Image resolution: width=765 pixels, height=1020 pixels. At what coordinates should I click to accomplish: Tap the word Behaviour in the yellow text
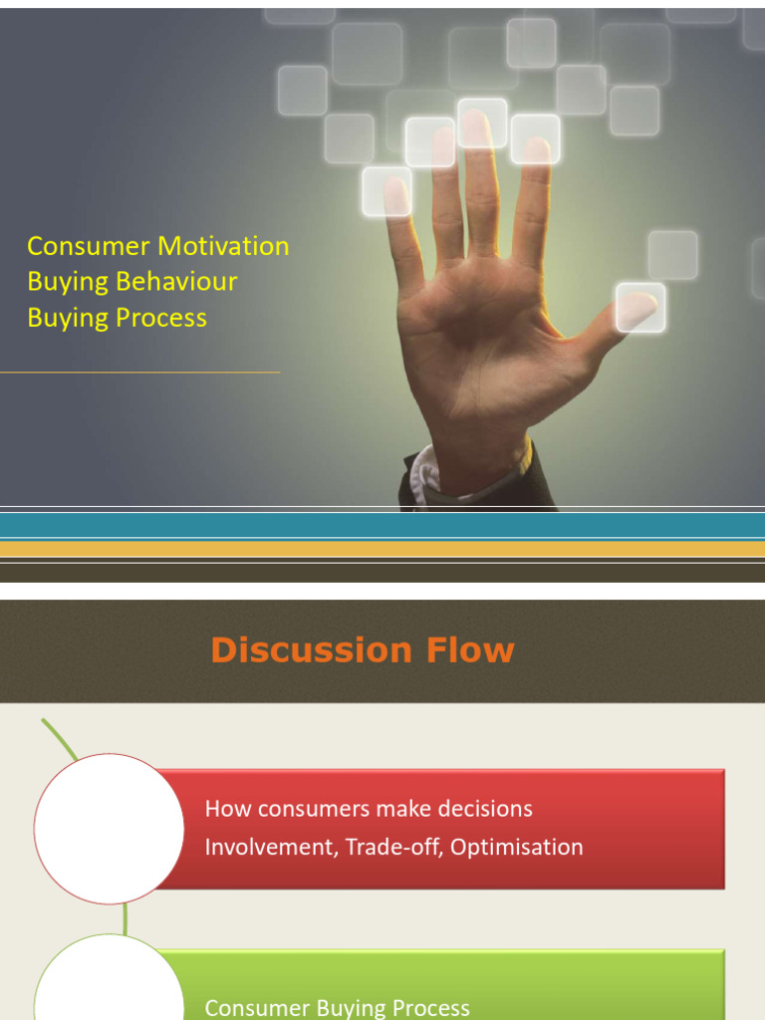[x=176, y=282]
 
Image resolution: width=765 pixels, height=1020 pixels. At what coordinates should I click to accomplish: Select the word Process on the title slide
[x=159, y=319]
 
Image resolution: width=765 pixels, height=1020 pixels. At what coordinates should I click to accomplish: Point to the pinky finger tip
[x=395, y=189]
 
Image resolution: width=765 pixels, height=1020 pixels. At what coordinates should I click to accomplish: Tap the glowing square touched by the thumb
[x=640, y=308]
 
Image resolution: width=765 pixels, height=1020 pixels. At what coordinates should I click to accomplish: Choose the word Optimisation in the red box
[x=517, y=848]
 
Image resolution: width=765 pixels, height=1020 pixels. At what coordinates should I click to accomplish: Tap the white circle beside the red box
[x=109, y=829]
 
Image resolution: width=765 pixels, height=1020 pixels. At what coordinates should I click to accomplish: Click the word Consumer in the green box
[x=257, y=1008]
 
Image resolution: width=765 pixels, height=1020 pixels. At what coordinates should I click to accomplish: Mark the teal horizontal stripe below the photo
[x=382, y=525]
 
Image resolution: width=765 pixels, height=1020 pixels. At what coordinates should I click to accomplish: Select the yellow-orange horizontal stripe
[x=382, y=549]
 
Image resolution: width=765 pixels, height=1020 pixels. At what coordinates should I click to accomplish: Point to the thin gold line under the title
[x=139, y=373]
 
